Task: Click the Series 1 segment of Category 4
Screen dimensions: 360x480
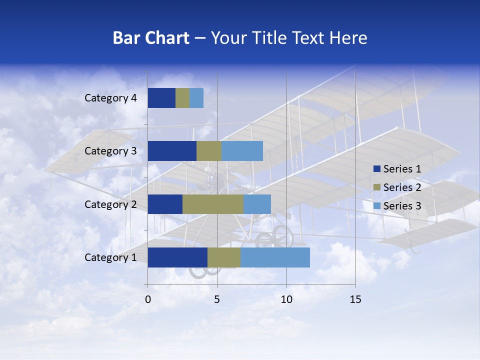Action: click(161, 98)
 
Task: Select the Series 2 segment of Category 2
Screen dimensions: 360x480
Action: click(213, 204)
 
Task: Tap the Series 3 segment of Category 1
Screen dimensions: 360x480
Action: click(275, 257)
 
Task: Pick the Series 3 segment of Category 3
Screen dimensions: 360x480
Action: click(242, 151)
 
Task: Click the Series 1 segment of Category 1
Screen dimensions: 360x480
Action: click(177, 257)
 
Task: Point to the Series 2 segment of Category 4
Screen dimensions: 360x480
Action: click(182, 98)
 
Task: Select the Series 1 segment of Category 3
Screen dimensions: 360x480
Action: click(172, 151)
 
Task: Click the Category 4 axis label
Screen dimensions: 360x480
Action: click(110, 98)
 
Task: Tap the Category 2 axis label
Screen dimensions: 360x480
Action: click(110, 204)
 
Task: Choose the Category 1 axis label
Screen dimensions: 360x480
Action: click(110, 257)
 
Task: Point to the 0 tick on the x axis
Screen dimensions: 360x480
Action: click(148, 300)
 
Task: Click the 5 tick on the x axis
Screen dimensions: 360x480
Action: click(217, 300)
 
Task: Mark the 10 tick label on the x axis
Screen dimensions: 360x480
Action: click(286, 300)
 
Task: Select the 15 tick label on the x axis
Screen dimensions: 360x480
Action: click(355, 300)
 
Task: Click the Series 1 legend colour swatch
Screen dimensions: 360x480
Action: click(376, 169)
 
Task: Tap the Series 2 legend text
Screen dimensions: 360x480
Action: click(402, 187)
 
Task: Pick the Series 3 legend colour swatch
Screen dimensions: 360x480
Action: click(376, 206)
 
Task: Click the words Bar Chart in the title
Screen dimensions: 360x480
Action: click(151, 38)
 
